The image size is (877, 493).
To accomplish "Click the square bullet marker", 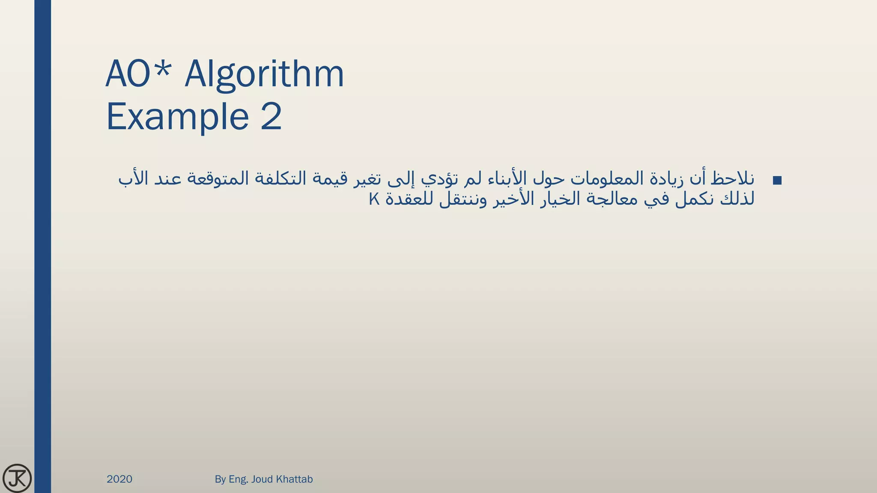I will click(777, 181).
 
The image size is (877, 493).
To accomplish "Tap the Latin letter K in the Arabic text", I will click(374, 199).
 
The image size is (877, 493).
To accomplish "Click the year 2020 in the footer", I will click(119, 479).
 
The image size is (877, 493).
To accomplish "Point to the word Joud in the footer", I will click(262, 479).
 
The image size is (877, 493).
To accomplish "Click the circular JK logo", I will click(17, 478).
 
